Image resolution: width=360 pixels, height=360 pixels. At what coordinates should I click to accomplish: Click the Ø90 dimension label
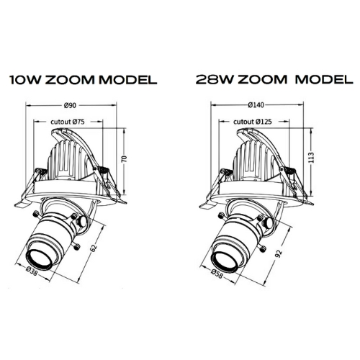click(x=70, y=105)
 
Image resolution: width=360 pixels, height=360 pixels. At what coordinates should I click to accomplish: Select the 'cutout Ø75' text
click(x=68, y=122)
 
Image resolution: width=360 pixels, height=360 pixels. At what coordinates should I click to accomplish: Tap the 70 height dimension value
click(x=125, y=159)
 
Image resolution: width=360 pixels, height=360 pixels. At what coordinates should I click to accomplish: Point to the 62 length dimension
click(x=94, y=248)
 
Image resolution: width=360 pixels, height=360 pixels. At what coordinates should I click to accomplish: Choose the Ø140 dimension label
click(x=256, y=105)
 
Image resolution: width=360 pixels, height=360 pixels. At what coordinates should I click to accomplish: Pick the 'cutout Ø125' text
click(x=253, y=122)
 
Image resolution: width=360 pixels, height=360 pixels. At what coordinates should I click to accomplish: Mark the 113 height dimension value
click(x=311, y=158)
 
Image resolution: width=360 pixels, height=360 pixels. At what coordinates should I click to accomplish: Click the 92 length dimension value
click(x=279, y=253)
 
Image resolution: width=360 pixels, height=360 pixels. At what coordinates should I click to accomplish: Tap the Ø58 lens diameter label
click(x=217, y=273)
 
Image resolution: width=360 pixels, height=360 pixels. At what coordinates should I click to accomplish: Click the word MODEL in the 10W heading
click(x=128, y=79)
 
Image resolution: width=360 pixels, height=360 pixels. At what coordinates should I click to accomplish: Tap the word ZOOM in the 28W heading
click(x=263, y=79)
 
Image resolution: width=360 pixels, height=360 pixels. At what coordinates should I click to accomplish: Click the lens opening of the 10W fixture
click(x=39, y=260)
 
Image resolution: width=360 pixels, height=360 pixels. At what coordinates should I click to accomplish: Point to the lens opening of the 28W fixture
click(x=224, y=261)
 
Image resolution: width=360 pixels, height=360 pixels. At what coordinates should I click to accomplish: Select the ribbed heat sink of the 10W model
click(x=66, y=160)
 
